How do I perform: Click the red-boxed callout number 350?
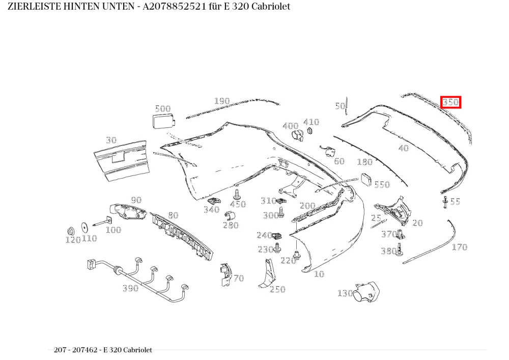[x=450, y=102]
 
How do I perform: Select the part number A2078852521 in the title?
[x=174, y=7]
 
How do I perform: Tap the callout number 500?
[x=163, y=108]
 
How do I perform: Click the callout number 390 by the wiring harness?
[x=130, y=288]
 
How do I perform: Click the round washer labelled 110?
[x=85, y=227]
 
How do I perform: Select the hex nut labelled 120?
[x=70, y=231]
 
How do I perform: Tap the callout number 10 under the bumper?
[x=319, y=274]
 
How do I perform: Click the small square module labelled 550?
[x=366, y=179]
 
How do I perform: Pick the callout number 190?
[x=222, y=101]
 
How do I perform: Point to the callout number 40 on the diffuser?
[x=403, y=148]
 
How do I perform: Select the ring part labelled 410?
[x=309, y=131]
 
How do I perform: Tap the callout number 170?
[x=460, y=247]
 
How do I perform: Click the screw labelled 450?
[x=237, y=194]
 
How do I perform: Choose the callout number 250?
[x=277, y=289]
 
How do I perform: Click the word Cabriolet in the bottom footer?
[x=137, y=350]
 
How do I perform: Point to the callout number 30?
[x=111, y=140]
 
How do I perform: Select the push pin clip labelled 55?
[x=445, y=202]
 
